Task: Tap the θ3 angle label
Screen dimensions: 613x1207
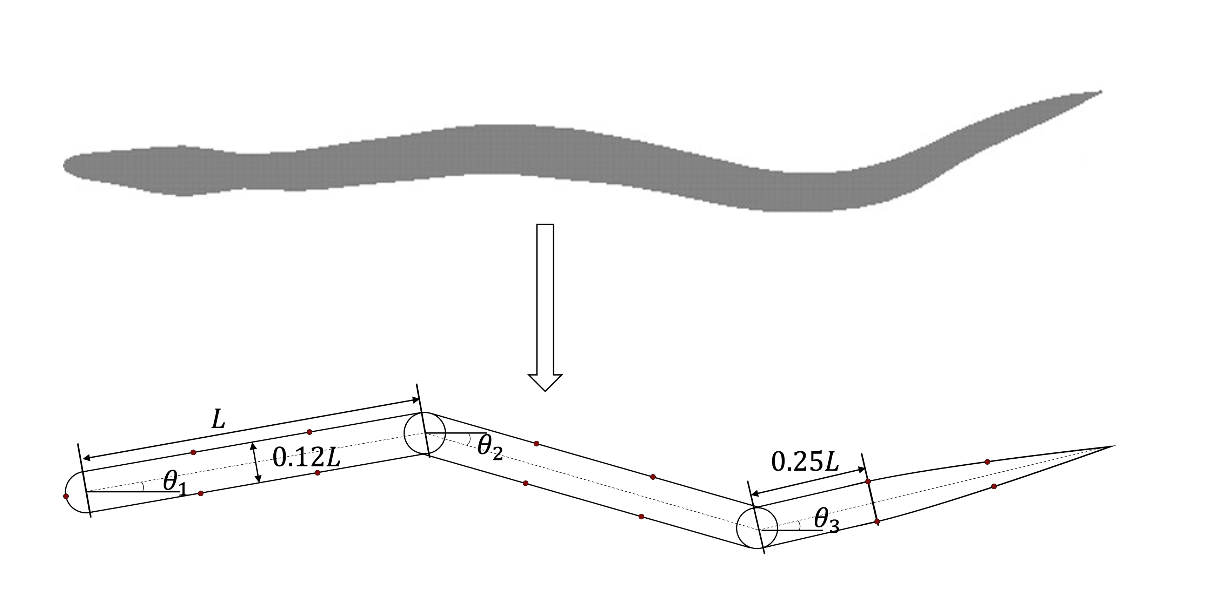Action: click(826, 521)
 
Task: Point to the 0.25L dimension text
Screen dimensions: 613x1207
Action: click(805, 462)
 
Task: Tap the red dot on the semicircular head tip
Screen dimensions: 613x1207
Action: click(66, 496)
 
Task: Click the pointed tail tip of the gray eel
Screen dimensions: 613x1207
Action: click(1099, 92)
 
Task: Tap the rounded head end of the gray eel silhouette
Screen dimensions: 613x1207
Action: click(66, 165)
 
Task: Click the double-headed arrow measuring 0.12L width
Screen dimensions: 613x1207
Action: click(256, 463)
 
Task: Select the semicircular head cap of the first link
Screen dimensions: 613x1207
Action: click(74, 493)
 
